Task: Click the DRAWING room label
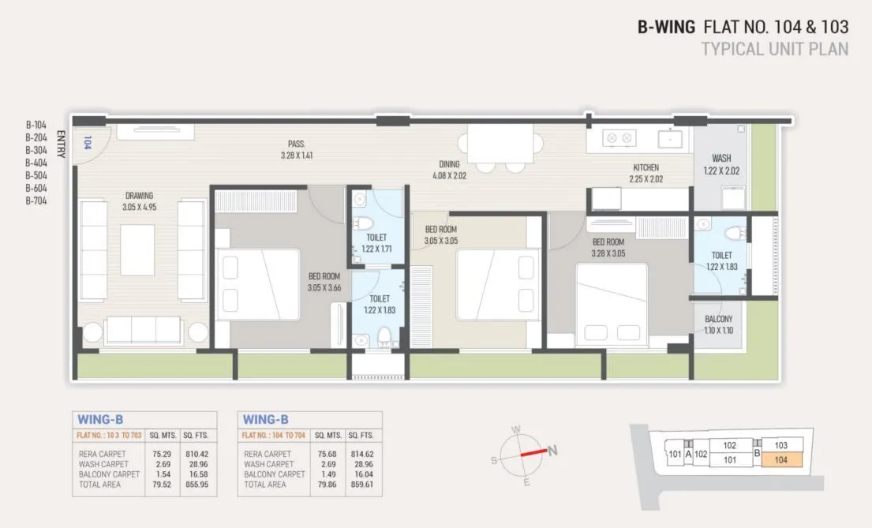click(x=138, y=196)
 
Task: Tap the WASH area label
click(x=721, y=158)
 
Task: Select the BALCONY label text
click(x=718, y=320)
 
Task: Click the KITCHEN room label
click(x=646, y=167)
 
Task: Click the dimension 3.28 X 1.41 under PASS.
click(x=297, y=155)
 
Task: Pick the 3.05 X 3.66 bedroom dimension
click(x=324, y=288)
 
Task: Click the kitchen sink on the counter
click(x=670, y=139)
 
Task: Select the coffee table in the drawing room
click(x=137, y=249)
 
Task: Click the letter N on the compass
click(x=553, y=451)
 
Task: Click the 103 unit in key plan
click(x=781, y=445)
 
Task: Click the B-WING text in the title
click(x=666, y=27)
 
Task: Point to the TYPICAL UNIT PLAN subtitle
click(x=775, y=49)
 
